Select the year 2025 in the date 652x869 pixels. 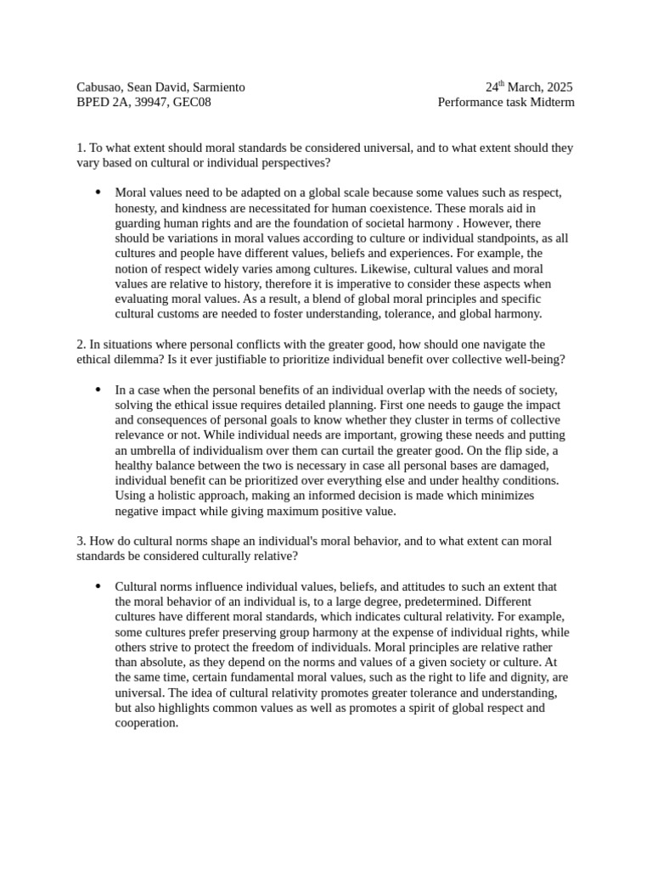(x=558, y=87)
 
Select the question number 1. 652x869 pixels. (x=80, y=149)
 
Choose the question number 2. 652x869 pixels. (x=80, y=345)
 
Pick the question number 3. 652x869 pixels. (x=80, y=541)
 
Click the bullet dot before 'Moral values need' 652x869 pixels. (x=98, y=193)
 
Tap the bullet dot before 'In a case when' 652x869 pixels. (x=98, y=390)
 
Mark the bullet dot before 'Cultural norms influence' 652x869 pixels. (x=98, y=586)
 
